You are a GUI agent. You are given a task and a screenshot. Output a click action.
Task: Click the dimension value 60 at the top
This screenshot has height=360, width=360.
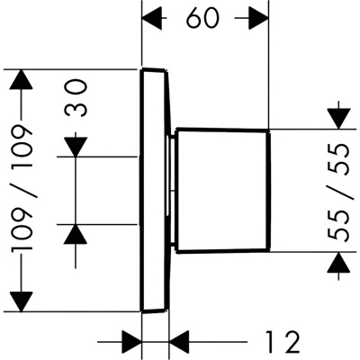[202, 19]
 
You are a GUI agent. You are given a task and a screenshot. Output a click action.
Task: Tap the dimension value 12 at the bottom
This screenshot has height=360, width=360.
[283, 342]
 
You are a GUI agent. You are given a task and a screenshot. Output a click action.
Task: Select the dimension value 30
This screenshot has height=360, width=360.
[76, 98]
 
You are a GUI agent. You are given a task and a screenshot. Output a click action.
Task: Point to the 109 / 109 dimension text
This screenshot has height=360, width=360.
[21, 188]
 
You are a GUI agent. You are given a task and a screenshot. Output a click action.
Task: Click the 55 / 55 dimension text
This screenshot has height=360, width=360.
[339, 193]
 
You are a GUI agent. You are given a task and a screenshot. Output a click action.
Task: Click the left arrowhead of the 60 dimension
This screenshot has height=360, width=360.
[152, 19]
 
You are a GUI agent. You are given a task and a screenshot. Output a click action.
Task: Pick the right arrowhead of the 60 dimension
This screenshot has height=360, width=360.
[258, 19]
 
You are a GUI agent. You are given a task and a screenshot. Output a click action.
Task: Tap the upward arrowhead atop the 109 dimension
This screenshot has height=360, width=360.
[21, 79]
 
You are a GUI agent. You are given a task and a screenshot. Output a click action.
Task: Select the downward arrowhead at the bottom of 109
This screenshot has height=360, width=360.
[21, 301]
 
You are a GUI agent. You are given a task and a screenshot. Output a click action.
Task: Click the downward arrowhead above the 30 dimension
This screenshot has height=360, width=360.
[76, 147]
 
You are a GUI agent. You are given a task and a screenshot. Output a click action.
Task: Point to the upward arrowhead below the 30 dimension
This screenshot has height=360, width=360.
[76, 234]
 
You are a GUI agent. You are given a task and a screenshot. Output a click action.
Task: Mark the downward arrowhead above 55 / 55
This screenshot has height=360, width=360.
[339, 119]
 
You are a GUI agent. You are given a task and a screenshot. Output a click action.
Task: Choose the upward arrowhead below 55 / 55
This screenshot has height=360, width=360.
[339, 263]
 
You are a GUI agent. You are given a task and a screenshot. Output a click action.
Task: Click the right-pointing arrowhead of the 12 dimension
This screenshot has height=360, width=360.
[131, 341]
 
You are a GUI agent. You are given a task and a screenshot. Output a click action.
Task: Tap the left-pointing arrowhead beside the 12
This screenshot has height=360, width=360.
[180, 341]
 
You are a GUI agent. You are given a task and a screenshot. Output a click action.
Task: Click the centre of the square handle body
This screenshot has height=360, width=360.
[223, 191]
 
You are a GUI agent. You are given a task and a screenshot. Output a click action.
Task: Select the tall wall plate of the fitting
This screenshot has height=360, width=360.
[155, 191]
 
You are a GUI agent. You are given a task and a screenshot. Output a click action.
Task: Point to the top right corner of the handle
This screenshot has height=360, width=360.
[268, 130]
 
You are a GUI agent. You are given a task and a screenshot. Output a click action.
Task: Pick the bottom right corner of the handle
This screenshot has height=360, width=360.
[269, 250]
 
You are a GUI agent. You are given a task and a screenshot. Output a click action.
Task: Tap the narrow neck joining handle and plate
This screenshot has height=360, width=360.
[172, 191]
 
